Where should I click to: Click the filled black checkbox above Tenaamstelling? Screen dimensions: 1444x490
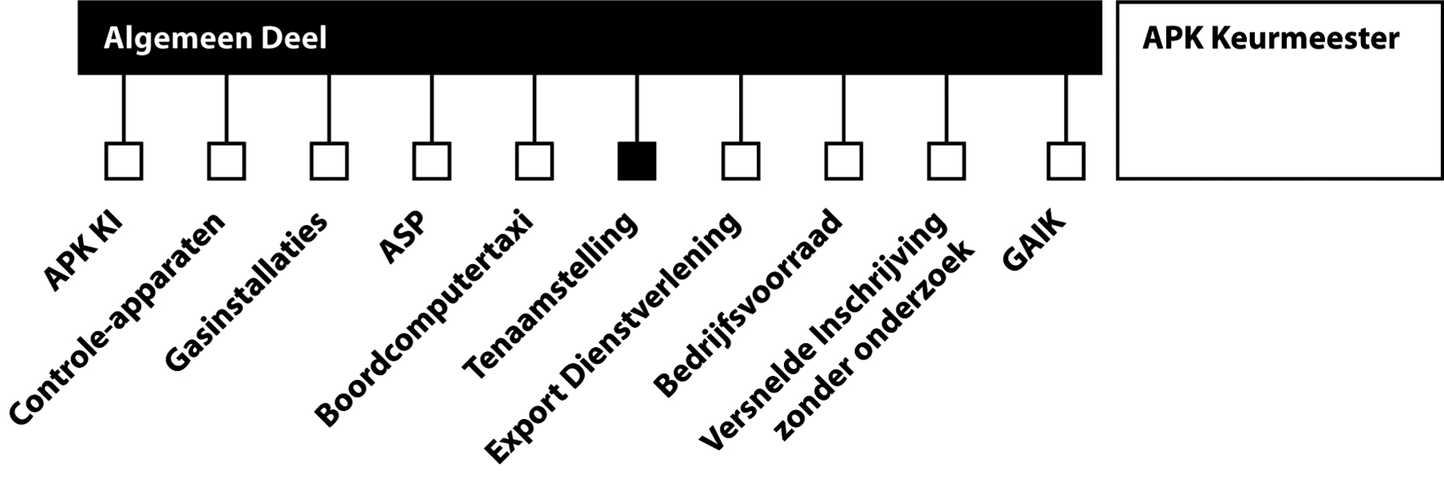pyautogui.click(x=636, y=161)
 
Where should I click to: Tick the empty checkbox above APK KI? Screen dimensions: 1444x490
pyautogui.click(x=124, y=161)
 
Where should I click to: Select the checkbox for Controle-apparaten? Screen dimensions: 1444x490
pyautogui.click(x=227, y=161)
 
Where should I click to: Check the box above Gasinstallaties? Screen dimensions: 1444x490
pyautogui.click(x=329, y=161)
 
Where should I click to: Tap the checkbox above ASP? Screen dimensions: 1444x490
pyautogui.click(x=432, y=161)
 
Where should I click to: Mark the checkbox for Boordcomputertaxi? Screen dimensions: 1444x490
pyautogui.click(x=535, y=161)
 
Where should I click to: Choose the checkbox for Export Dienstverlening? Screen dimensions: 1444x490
pyautogui.click(x=741, y=161)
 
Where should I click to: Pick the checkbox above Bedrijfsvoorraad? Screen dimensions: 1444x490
pyautogui.click(x=843, y=161)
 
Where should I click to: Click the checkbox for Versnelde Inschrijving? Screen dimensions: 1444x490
pyautogui.click(x=946, y=161)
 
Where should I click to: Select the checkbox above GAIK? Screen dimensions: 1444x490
pyautogui.click(x=1066, y=161)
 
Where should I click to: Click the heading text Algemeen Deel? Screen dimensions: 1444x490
pyautogui.click(x=215, y=38)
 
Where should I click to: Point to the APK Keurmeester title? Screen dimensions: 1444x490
pyautogui.click(x=1270, y=38)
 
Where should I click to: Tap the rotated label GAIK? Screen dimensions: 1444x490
pyautogui.click(x=1033, y=242)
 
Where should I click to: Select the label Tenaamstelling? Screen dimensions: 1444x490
pyautogui.click(x=550, y=296)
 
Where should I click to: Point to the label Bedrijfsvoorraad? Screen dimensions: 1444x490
pyautogui.click(x=747, y=303)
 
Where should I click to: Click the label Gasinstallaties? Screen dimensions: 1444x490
pyautogui.click(x=246, y=291)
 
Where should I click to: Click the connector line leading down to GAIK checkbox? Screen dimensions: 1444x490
pyautogui.click(x=1066, y=108)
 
